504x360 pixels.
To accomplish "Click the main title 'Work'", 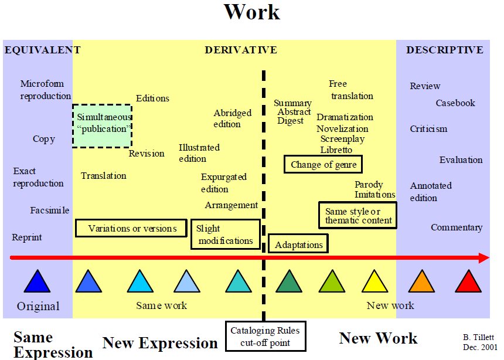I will click(x=252, y=12).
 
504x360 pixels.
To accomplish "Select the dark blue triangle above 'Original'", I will click(x=37, y=283).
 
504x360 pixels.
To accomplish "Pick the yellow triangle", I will click(x=375, y=283).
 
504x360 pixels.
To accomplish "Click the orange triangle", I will click(x=421, y=283).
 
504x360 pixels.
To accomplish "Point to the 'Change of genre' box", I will click(x=323, y=164).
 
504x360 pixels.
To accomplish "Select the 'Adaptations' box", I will click(x=298, y=244).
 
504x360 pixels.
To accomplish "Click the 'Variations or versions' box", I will click(x=132, y=228).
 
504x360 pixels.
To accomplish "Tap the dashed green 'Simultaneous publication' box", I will click(x=103, y=125).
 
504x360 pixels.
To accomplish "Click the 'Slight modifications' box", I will click(x=226, y=235).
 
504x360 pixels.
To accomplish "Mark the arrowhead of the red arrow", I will click(x=483, y=258).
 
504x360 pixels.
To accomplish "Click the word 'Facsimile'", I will click(x=50, y=210).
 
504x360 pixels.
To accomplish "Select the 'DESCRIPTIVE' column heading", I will click(x=445, y=50).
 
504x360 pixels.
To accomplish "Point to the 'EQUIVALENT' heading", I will click(x=42, y=50).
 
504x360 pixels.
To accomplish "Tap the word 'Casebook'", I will click(x=455, y=103).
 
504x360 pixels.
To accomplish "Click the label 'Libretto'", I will click(x=336, y=150).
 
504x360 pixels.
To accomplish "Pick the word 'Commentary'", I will click(x=457, y=227).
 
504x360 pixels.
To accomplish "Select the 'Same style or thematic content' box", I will click(x=357, y=216).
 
